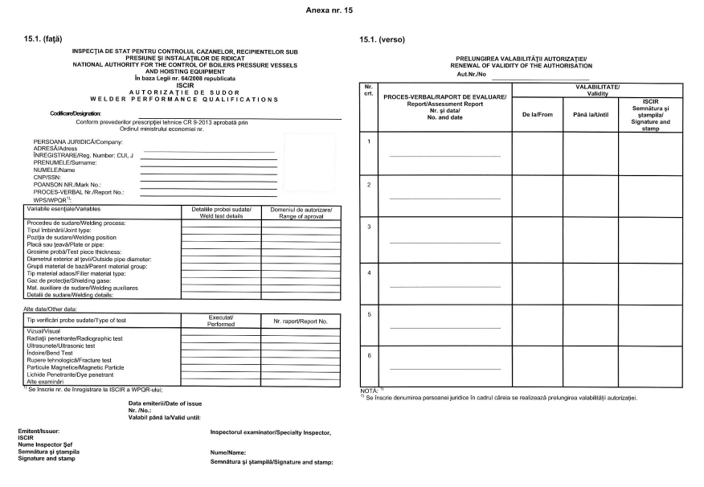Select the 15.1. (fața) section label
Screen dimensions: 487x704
point(43,38)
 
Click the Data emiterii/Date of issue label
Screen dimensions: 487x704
point(165,403)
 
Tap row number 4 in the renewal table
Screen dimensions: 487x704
point(368,272)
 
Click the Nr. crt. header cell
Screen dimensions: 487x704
point(368,89)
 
